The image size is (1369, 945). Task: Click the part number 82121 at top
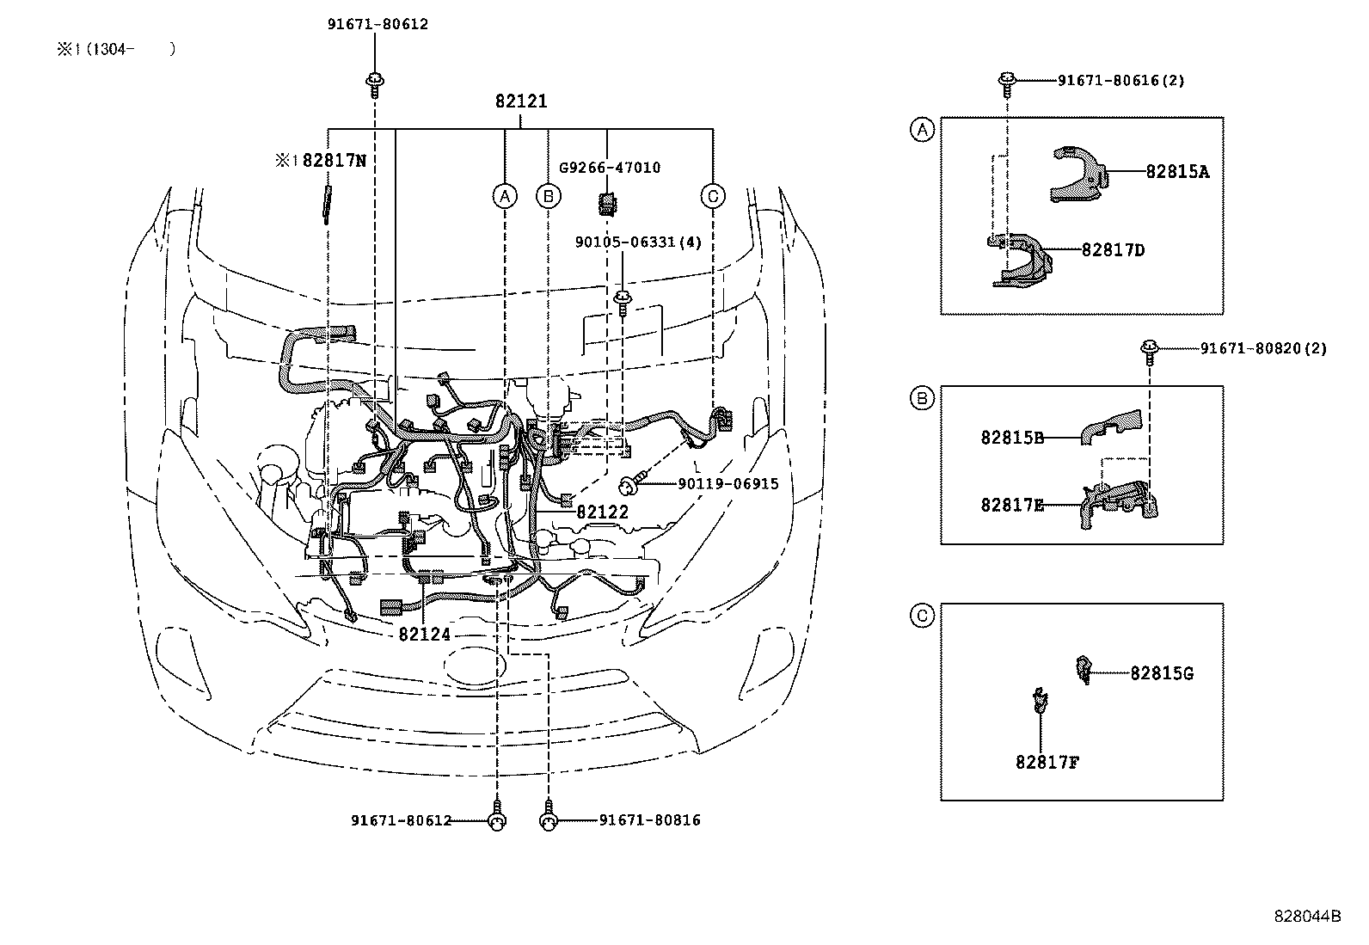click(x=521, y=101)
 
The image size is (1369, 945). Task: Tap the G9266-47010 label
click(x=610, y=168)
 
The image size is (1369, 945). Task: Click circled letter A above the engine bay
click(x=505, y=196)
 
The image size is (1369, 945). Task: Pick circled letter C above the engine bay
click(x=712, y=196)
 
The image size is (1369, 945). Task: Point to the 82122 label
click(x=603, y=512)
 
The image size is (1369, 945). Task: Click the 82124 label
click(x=424, y=635)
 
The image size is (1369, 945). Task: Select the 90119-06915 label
click(x=727, y=484)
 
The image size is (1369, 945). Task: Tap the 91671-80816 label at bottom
click(x=649, y=820)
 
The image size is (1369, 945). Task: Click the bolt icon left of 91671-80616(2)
click(x=1006, y=82)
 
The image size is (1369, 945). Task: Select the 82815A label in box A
click(x=1177, y=172)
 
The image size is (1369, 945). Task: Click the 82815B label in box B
click(x=1012, y=437)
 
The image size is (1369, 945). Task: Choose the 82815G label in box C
click(x=1161, y=672)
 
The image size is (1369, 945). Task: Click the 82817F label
click(x=1046, y=762)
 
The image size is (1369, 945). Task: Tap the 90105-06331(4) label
click(x=637, y=242)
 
